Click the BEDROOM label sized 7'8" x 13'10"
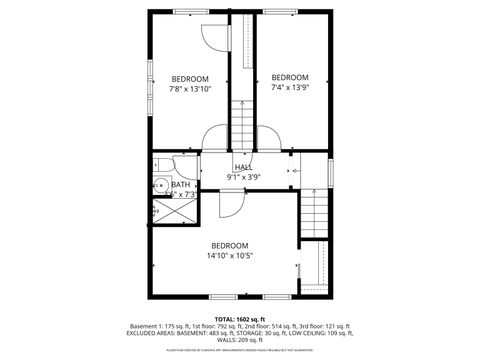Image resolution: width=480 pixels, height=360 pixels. pyautogui.click(x=190, y=79)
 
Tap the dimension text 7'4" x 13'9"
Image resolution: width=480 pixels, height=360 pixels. pyautogui.click(x=289, y=88)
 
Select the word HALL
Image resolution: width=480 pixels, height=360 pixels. pyautogui.click(x=243, y=167)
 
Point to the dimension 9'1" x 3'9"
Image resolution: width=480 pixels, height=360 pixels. pyautogui.click(x=243, y=177)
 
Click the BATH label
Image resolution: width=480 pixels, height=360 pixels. pyautogui.click(x=180, y=184)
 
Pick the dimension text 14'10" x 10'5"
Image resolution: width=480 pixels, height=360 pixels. pyautogui.click(x=229, y=255)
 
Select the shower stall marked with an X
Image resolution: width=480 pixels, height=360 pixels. pyautogui.click(x=156, y=211)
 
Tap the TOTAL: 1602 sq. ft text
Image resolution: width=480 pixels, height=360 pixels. pyautogui.click(x=239, y=318)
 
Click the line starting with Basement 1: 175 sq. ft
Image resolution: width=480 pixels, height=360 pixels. pyautogui.click(x=239, y=326)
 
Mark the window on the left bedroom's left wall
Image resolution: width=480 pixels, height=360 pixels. pyautogui.click(x=151, y=80)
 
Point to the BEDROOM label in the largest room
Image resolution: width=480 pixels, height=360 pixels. pyautogui.click(x=229, y=245)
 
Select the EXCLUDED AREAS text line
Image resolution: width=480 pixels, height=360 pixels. pyautogui.click(x=239, y=333)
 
